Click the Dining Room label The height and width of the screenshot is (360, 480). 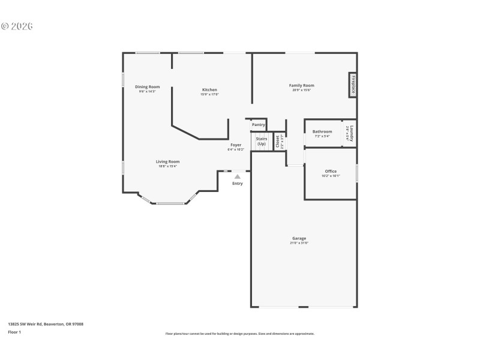tap(147, 87)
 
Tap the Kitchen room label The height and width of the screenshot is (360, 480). tap(209, 90)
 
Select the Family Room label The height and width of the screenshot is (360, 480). tap(301, 86)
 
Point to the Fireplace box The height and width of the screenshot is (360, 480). tap(353, 85)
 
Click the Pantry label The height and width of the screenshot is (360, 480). tap(259, 125)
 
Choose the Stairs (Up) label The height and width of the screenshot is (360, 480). tap(262, 141)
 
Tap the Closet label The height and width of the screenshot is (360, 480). tap(278, 141)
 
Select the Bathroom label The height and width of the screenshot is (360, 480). tap(322, 131)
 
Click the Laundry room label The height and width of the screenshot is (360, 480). tap(352, 133)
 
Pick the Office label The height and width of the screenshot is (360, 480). tap(331, 172)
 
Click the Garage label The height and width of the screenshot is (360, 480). tap(299, 238)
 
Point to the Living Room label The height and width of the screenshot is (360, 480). tap(168, 161)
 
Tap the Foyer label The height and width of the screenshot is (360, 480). tap(236, 145)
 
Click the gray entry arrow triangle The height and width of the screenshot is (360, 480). tap(238, 176)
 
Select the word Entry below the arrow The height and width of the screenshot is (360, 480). tap(238, 183)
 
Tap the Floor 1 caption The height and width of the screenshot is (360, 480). tap(14, 332)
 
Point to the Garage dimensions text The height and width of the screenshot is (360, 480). tap(299, 243)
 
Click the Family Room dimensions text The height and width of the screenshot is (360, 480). tap(301, 91)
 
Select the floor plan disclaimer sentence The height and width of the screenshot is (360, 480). tap(239, 334)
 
